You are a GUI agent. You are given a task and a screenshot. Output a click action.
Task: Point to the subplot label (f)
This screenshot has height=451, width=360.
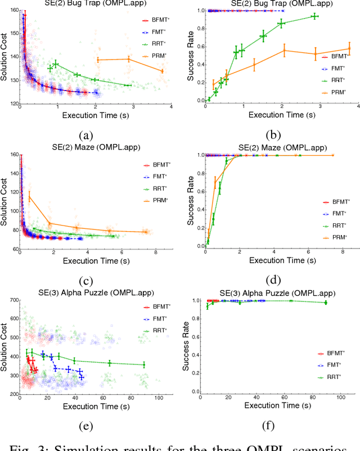point(268,426)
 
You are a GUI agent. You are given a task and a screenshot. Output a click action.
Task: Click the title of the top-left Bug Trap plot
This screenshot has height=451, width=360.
point(85,4)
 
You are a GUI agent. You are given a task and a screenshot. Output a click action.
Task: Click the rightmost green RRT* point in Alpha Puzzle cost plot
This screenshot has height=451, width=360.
point(144,365)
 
